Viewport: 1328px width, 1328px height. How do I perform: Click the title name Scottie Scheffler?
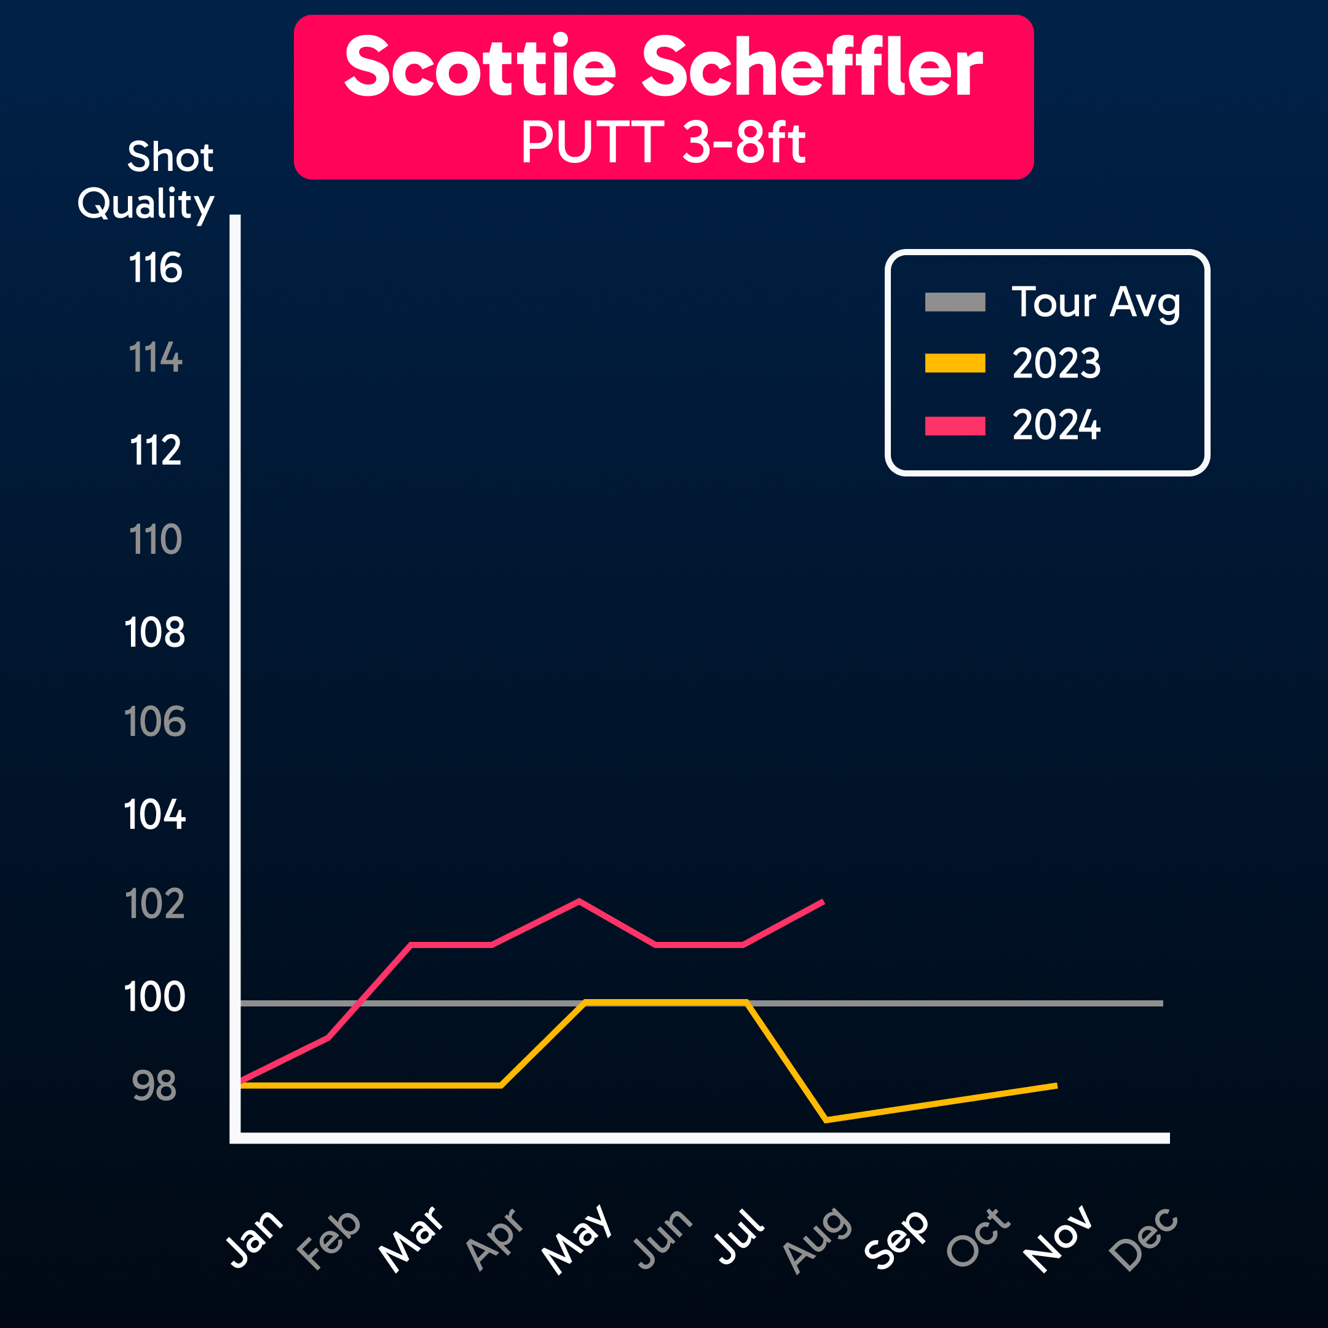[663, 68]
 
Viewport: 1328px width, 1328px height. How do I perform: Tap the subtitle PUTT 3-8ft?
[663, 142]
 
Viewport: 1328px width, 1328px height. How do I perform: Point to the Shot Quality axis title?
[146, 180]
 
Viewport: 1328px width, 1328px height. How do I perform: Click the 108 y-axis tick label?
[156, 633]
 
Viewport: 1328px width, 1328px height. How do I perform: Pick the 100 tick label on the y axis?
[155, 997]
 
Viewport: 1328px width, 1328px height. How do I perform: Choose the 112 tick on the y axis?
[156, 450]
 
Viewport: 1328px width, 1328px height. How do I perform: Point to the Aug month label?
[816, 1239]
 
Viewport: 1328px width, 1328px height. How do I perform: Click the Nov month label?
[1058, 1239]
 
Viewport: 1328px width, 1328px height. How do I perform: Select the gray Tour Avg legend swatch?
[955, 302]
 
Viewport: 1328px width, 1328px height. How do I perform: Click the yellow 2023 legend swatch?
[955, 363]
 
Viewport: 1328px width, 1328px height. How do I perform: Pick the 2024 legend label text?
[1056, 425]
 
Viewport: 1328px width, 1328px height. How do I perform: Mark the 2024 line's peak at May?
[579, 901]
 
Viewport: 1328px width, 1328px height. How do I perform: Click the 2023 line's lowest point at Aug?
[826, 1120]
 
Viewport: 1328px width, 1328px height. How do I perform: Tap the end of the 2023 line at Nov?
[1056, 1086]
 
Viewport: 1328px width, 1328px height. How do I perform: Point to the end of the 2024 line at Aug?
[823, 902]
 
